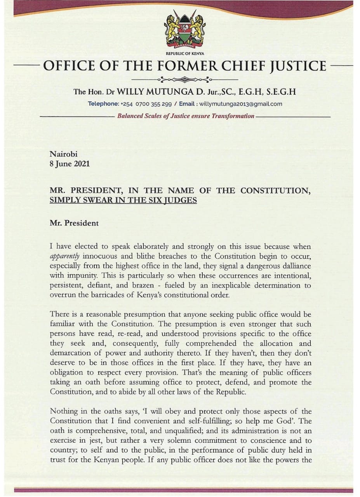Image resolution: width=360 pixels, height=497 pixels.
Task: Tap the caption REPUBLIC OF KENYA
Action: (185, 53)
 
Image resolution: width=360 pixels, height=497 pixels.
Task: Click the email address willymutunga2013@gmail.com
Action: (241, 104)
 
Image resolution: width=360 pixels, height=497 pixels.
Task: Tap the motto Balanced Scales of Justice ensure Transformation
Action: (186, 116)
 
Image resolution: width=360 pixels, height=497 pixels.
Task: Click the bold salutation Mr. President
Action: (74, 223)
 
